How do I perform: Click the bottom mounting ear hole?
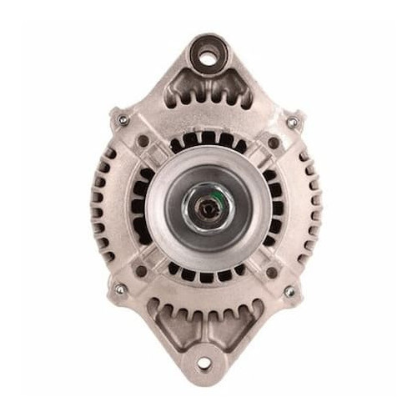(x=203, y=363)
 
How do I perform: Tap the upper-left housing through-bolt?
(x=123, y=120)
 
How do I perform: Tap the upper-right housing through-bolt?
(x=291, y=122)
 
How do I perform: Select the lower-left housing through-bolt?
(x=119, y=289)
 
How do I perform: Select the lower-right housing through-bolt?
(x=289, y=291)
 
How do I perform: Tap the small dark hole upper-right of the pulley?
(x=273, y=143)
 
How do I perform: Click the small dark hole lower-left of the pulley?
(x=141, y=271)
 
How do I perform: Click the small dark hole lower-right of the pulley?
(x=271, y=272)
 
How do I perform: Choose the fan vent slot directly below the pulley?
(x=205, y=276)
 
